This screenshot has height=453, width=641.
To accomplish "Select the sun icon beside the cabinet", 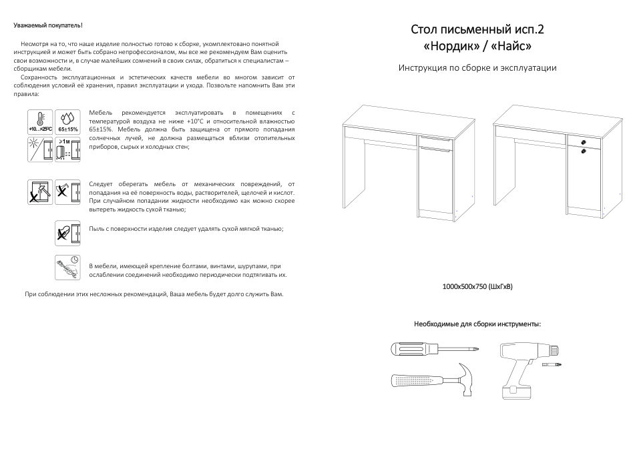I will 39,149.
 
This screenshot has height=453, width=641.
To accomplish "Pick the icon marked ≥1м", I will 67,149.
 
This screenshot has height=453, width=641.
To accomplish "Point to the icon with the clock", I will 67,266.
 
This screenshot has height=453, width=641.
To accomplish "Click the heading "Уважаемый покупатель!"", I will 48,25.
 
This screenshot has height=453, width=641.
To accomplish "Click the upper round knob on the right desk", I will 583,143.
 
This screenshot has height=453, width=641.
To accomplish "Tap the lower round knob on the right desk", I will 583,151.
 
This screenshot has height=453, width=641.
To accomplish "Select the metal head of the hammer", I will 463,373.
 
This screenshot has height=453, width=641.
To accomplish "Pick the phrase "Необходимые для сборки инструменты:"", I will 477,324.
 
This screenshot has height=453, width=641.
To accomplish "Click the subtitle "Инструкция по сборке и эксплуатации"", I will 477,68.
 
